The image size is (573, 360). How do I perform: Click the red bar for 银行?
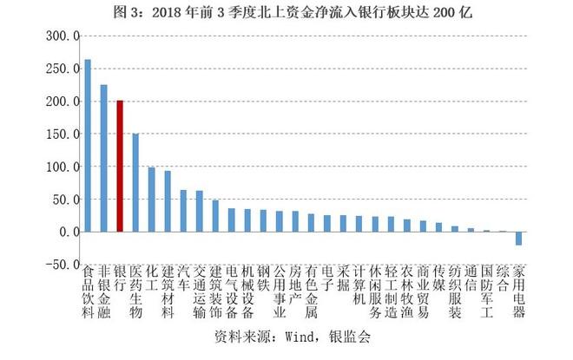120,166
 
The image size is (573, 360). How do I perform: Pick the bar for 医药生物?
135,182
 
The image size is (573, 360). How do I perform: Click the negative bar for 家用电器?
518,239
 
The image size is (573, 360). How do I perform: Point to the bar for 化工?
151,200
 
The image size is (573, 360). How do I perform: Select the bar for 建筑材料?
168,201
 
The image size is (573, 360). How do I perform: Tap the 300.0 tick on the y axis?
63,36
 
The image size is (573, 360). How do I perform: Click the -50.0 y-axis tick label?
61,265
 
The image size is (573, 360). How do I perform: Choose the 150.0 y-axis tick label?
63,134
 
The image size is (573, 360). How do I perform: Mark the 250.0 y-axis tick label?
63,69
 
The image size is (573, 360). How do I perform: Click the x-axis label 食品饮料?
87,292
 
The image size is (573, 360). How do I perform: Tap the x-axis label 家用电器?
518,292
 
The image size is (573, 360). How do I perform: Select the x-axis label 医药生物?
135,292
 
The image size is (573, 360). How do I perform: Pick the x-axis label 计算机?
359,286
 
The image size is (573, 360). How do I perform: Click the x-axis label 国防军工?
486,292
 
